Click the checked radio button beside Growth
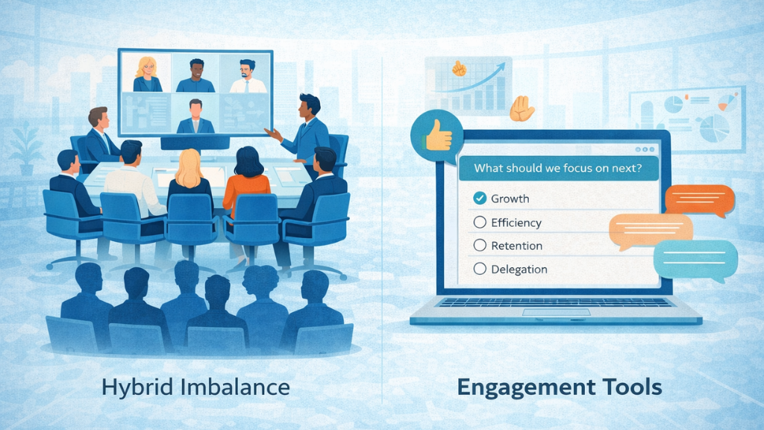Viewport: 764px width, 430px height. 480,199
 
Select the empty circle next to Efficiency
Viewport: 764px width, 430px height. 480,222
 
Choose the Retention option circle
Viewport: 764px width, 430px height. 480,246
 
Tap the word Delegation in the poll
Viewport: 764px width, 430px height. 519,269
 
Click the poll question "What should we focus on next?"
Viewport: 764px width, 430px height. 556,168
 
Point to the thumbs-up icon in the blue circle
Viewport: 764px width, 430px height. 436,134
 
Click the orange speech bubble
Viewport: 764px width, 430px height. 699,199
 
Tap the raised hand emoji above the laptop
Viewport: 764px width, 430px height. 522,110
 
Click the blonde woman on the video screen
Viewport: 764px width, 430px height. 146,74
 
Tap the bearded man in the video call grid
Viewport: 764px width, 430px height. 248,75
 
